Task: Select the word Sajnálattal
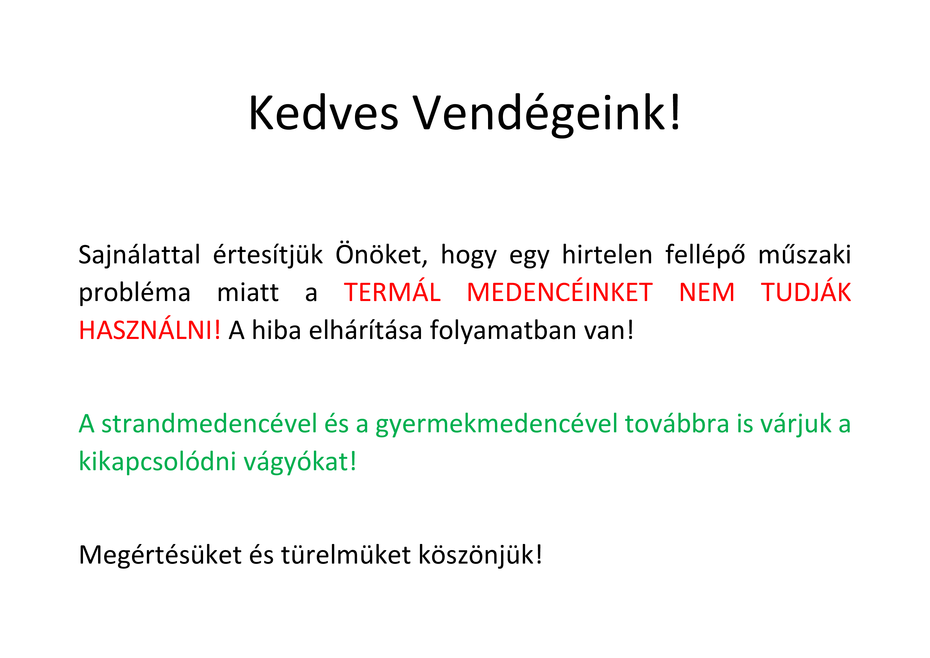(x=139, y=255)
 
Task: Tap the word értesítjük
(x=268, y=255)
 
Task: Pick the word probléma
(x=134, y=293)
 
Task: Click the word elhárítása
(x=366, y=330)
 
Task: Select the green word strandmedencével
(x=209, y=424)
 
